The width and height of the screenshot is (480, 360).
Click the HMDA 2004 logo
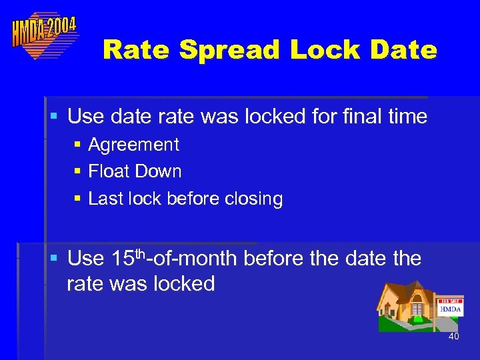click(44, 35)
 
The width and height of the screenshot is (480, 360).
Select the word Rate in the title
click(137, 50)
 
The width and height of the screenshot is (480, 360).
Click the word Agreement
click(133, 145)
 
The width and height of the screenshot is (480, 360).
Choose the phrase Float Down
click(135, 171)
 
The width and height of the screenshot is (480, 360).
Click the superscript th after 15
click(141, 253)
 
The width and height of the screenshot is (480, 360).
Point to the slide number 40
click(453, 337)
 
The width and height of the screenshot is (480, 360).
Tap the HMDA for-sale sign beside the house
click(450, 309)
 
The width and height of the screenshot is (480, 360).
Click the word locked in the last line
click(184, 284)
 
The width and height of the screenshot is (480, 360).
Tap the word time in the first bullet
click(405, 117)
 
